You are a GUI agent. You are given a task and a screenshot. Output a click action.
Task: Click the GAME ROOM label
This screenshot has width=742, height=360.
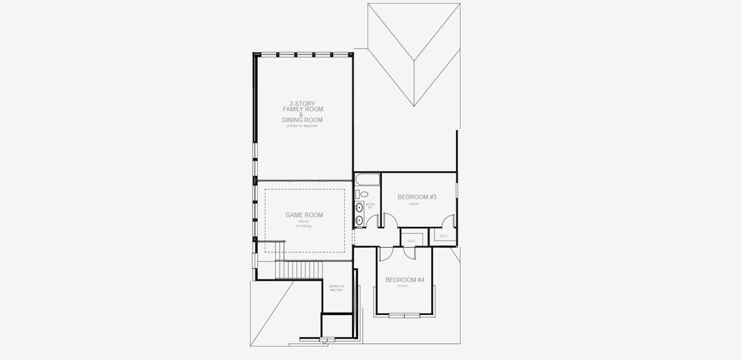(x=304, y=215)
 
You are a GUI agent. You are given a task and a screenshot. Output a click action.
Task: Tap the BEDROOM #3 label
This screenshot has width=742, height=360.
(x=417, y=197)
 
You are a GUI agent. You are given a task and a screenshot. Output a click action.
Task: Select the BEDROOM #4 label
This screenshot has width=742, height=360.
(x=404, y=280)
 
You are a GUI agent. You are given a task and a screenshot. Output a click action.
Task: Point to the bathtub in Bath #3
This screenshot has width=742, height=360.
(x=367, y=179)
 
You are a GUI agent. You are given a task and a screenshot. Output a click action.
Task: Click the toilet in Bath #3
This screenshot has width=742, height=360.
(x=362, y=194)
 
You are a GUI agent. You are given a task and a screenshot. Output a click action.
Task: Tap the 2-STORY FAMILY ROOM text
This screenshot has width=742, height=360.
(x=302, y=106)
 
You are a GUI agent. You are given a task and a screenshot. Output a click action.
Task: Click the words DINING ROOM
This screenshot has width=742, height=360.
(x=302, y=120)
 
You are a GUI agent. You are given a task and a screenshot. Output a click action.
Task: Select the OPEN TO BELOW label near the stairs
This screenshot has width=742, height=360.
(x=337, y=288)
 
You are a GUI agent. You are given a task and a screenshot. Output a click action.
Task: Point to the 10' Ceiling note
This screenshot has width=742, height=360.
(x=302, y=226)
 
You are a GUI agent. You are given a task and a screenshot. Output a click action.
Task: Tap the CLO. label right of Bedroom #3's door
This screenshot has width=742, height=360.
(x=443, y=236)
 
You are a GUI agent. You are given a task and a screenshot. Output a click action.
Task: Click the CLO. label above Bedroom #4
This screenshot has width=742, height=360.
(x=411, y=241)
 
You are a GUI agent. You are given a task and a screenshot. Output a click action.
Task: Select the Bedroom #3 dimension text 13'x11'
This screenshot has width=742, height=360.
(x=414, y=204)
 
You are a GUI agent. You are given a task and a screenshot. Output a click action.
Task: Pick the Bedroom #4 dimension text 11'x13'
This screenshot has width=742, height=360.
(x=402, y=286)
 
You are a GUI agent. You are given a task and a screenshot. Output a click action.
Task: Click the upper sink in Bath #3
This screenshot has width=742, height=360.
(x=359, y=208)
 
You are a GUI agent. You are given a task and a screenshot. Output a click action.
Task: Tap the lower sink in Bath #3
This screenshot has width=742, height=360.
(x=359, y=221)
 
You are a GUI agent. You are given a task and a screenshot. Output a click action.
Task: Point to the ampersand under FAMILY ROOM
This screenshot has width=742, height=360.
(x=302, y=115)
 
